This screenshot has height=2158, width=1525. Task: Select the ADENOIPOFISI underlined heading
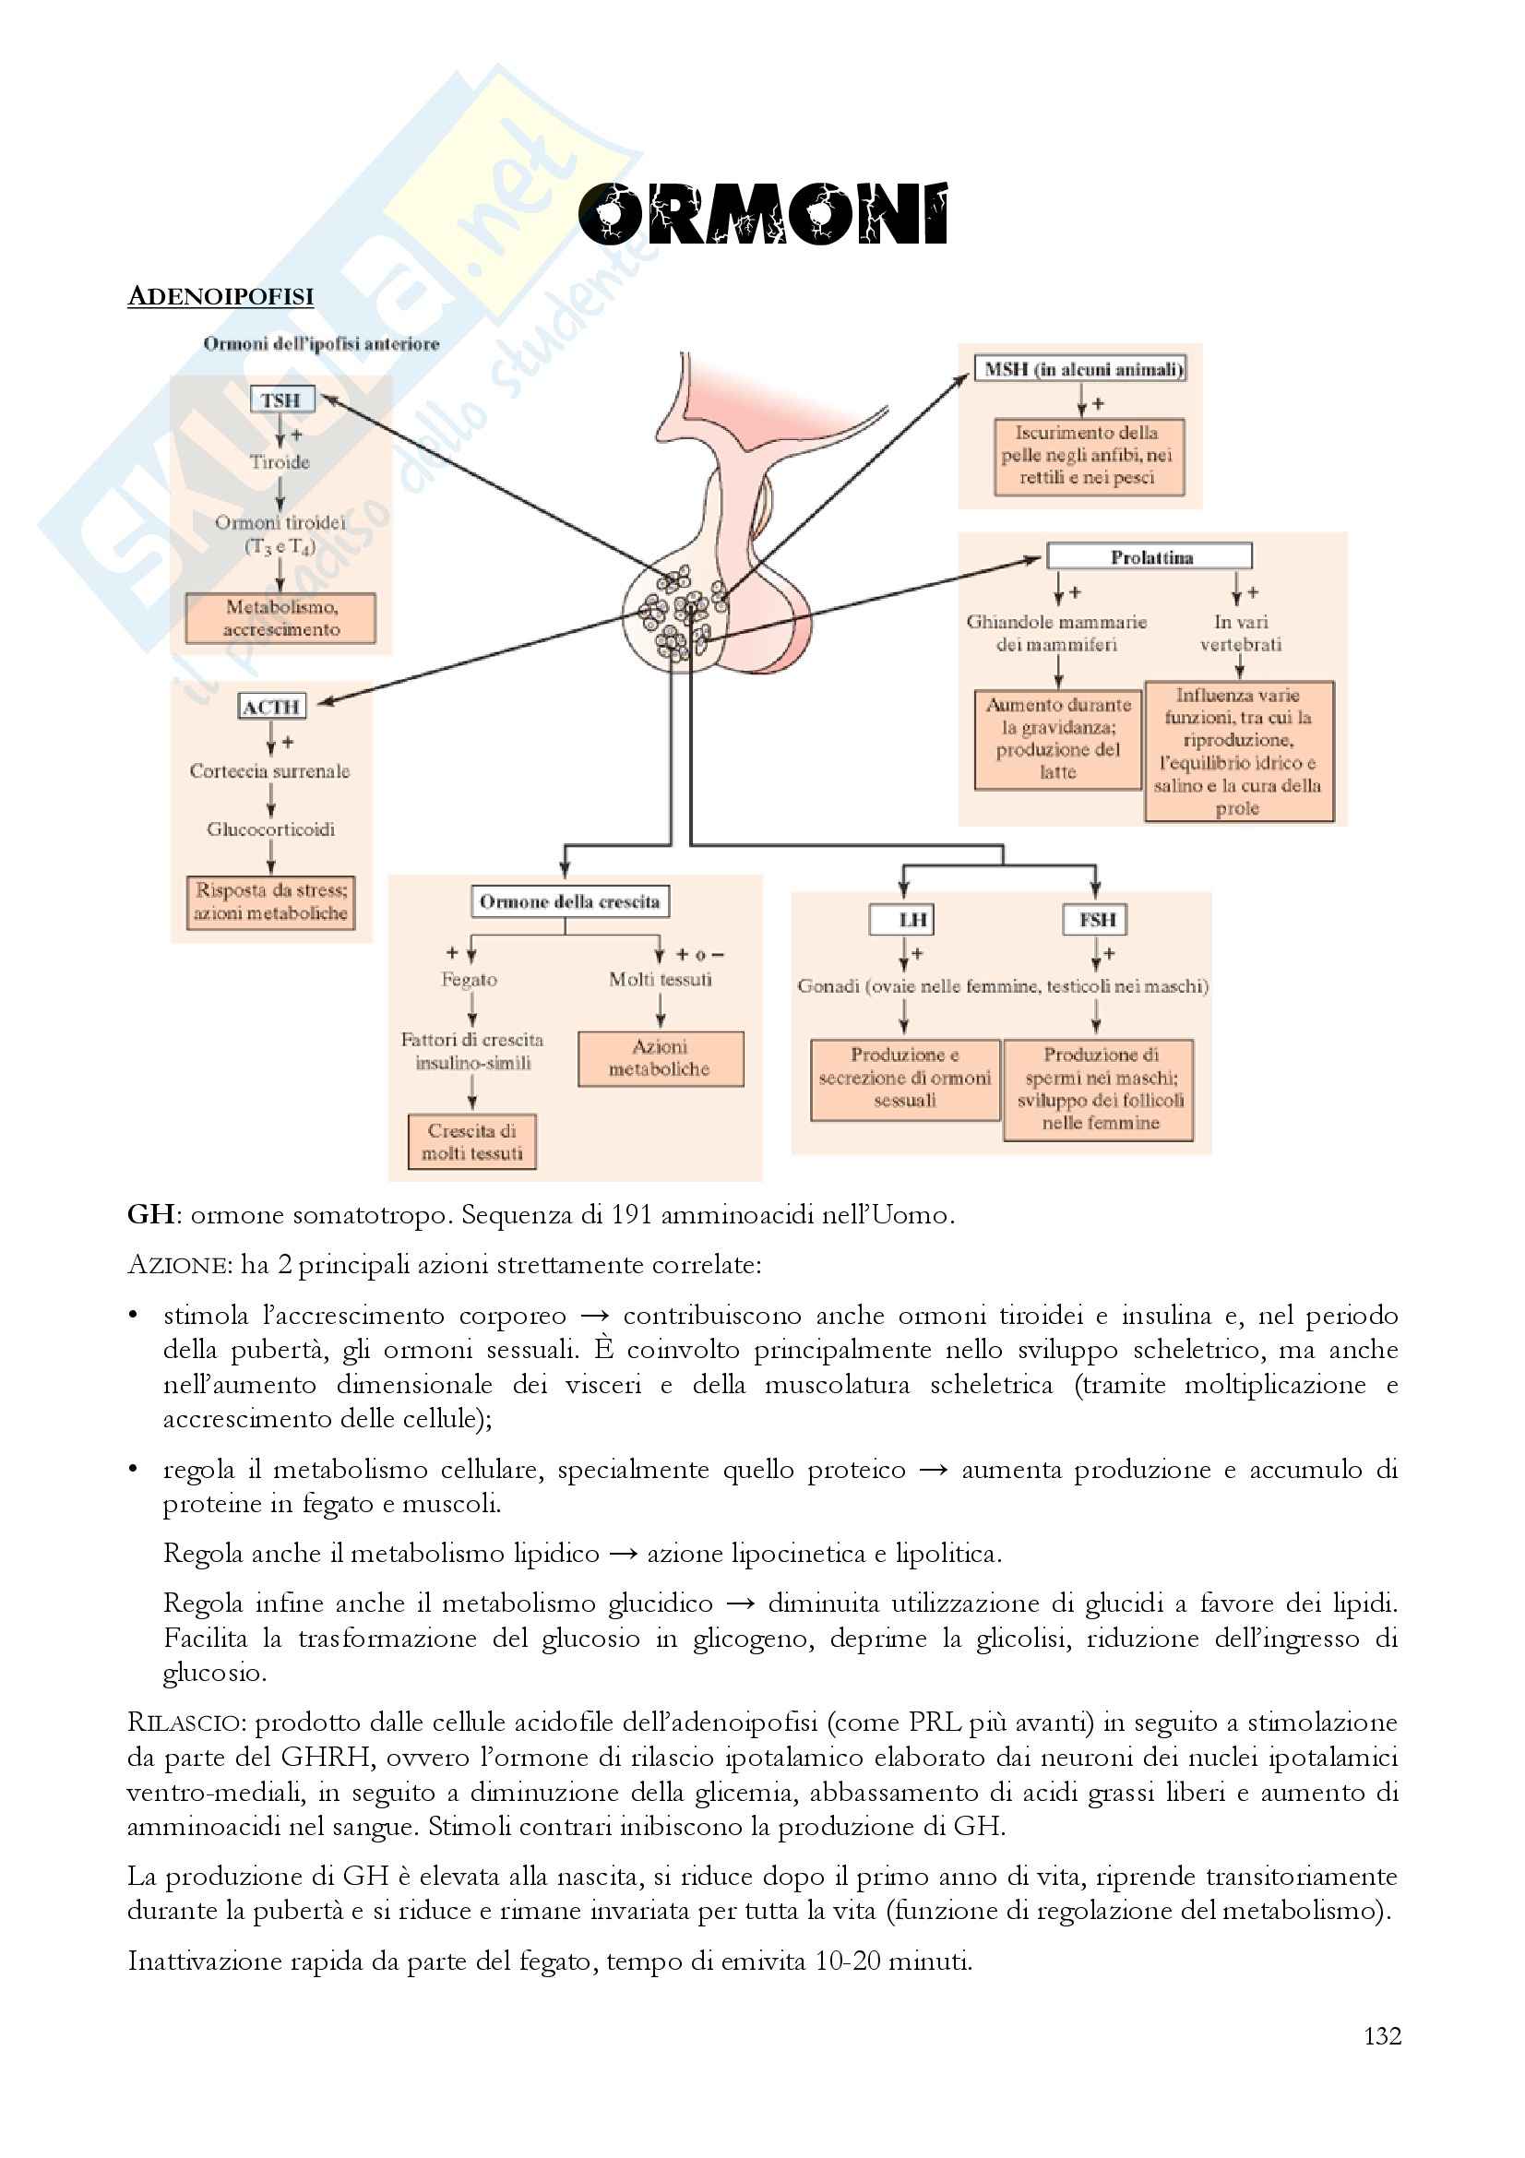click(x=220, y=296)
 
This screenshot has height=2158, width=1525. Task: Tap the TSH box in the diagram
click(x=281, y=400)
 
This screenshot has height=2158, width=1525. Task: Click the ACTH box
click(x=271, y=707)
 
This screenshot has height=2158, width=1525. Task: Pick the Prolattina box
click(x=1150, y=556)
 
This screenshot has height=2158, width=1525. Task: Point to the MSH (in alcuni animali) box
click(x=1081, y=369)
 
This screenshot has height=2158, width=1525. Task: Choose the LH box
click(x=904, y=919)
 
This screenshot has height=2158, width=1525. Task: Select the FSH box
click(x=1096, y=919)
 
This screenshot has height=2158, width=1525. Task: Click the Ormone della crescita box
click(x=569, y=901)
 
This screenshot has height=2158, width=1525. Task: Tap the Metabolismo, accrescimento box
click(x=281, y=617)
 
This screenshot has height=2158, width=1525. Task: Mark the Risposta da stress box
click(x=270, y=901)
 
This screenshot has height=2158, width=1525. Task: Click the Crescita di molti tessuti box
click(x=471, y=1142)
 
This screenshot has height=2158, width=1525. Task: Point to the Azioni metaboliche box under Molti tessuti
click(x=660, y=1058)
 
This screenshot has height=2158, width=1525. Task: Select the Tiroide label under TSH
click(x=280, y=461)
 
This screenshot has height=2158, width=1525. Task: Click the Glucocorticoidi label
click(x=270, y=829)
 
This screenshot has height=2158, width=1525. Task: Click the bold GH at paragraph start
click(x=150, y=1215)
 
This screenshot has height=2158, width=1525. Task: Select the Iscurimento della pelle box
click(x=1088, y=456)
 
